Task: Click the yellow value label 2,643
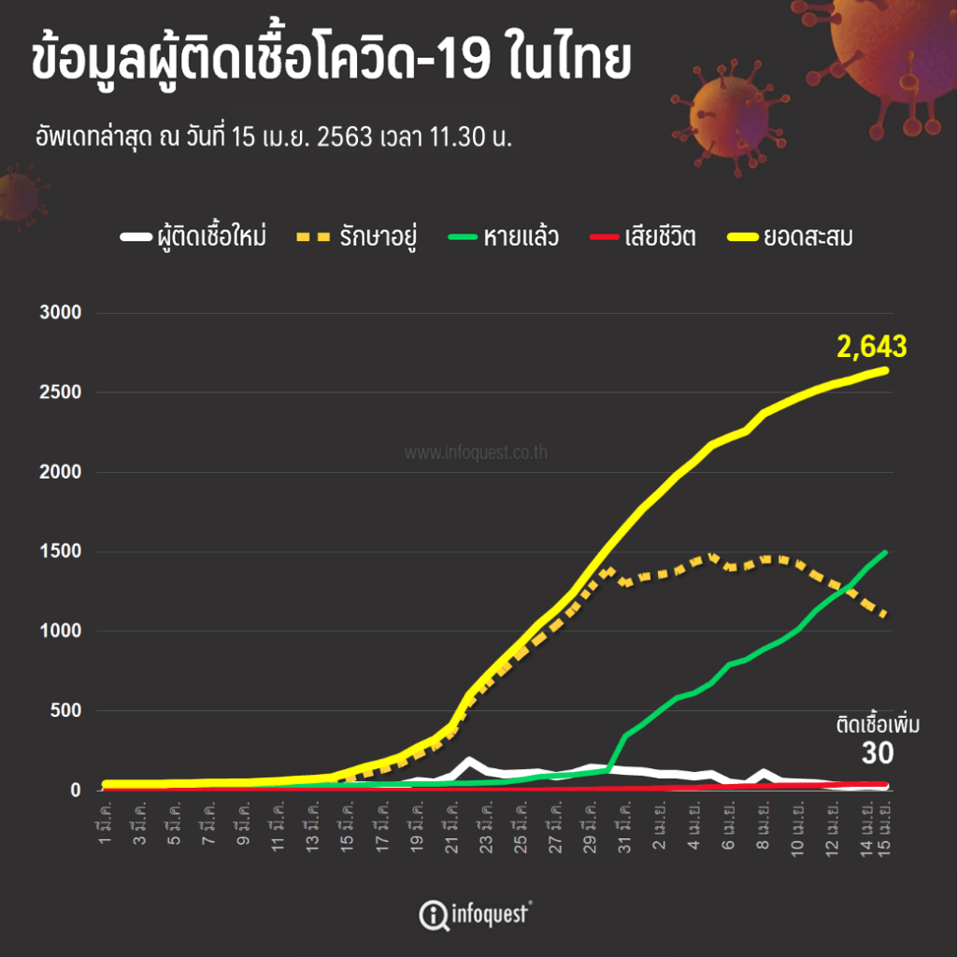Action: click(872, 347)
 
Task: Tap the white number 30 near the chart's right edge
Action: click(878, 753)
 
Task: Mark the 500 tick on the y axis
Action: click(68, 710)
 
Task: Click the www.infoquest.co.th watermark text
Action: click(476, 453)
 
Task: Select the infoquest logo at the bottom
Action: click(476, 913)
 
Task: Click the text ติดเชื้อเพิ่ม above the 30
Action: click(878, 725)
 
